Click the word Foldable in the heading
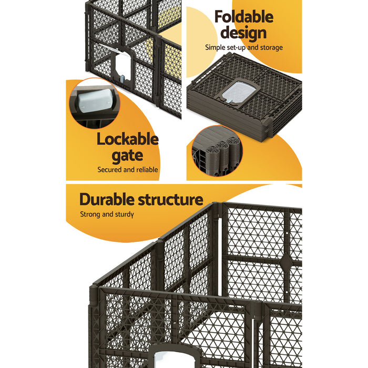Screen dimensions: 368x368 [243, 17]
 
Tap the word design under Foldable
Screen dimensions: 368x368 [243, 33]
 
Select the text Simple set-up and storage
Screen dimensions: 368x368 [243, 47]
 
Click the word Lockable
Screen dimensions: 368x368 [127, 140]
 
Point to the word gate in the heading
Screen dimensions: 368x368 [127, 156]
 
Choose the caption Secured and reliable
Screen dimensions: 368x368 [128, 170]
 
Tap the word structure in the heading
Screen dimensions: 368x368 [170, 200]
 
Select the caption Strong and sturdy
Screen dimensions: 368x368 [107, 214]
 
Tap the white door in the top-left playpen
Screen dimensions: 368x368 [122, 69]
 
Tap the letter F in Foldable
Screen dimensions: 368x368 [219, 17]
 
